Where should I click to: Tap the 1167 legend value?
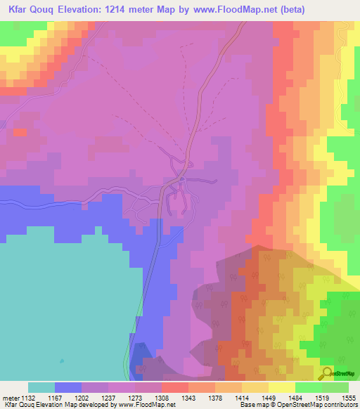point(68,397)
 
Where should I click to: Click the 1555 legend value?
point(348,397)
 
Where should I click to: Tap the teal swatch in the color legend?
point(41,387)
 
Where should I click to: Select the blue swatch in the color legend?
point(68,387)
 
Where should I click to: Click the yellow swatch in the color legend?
point(281,387)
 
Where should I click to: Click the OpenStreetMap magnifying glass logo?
point(326,373)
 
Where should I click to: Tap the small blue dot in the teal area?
point(61,361)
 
